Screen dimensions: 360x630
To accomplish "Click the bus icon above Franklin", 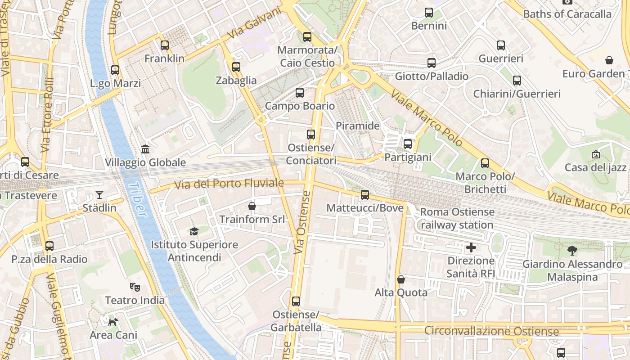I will click(x=165, y=45).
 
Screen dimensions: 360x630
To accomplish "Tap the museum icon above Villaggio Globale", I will click(x=145, y=149).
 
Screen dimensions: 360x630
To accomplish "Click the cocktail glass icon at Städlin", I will click(x=99, y=195).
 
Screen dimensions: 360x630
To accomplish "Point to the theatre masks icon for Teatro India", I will click(x=134, y=286).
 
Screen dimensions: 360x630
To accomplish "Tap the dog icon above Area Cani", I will click(x=113, y=321).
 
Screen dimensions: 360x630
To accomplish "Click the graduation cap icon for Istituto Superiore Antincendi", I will click(x=194, y=231).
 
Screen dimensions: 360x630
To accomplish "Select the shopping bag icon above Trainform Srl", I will click(x=252, y=206).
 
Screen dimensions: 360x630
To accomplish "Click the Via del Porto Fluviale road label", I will click(x=229, y=183).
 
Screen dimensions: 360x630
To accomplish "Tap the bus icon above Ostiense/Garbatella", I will click(x=296, y=301).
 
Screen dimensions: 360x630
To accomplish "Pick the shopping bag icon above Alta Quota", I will click(x=401, y=279).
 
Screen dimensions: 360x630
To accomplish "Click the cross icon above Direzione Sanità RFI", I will click(x=471, y=247).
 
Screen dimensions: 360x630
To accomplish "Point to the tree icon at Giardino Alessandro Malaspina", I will click(x=572, y=251).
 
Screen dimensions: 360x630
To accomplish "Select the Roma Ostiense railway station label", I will click(x=457, y=218).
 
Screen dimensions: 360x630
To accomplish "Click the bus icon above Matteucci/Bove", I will click(x=365, y=195).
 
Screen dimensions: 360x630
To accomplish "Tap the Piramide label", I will click(x=358, y=126).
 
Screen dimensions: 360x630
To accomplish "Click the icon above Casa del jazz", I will click(x=595, y=154).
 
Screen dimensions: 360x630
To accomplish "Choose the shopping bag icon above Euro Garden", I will click(x=609, y=60).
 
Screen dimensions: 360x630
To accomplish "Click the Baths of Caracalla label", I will click(x=567, y=14).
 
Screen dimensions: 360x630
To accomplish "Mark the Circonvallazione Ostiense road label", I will click(x=491, y=332).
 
